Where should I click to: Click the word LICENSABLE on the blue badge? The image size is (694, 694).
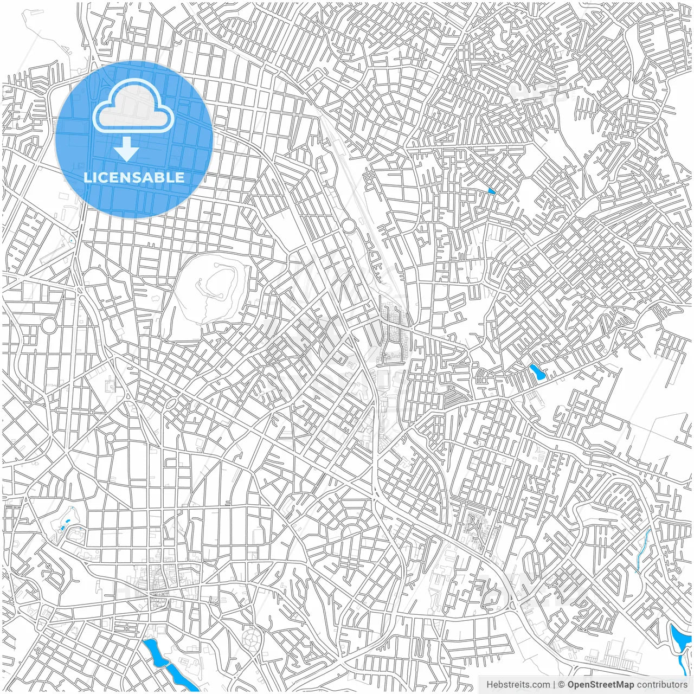134,177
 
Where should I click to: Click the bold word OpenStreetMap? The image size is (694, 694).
601,685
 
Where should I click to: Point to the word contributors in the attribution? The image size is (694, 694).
662,685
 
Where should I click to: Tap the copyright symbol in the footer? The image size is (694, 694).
562,685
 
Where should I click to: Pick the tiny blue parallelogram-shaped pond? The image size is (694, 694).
491,190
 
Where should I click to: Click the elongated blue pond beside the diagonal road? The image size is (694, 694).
537,372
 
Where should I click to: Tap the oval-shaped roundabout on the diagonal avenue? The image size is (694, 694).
171,403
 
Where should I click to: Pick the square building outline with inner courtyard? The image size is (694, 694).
111,386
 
